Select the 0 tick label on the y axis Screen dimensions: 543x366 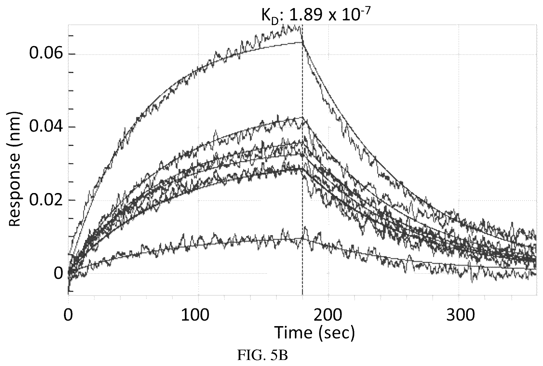58,273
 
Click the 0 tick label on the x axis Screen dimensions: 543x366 68,315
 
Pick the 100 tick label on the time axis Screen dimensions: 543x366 198,315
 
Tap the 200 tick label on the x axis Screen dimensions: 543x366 328,315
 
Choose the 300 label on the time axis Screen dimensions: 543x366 458,315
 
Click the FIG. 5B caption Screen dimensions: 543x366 262,356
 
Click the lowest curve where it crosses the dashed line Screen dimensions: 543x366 302,238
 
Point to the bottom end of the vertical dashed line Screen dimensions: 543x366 302,295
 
